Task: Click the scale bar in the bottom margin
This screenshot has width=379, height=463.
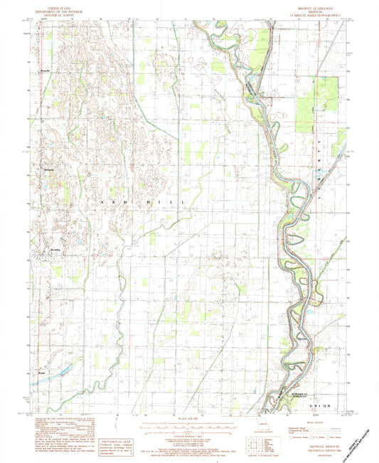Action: [189, 429]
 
